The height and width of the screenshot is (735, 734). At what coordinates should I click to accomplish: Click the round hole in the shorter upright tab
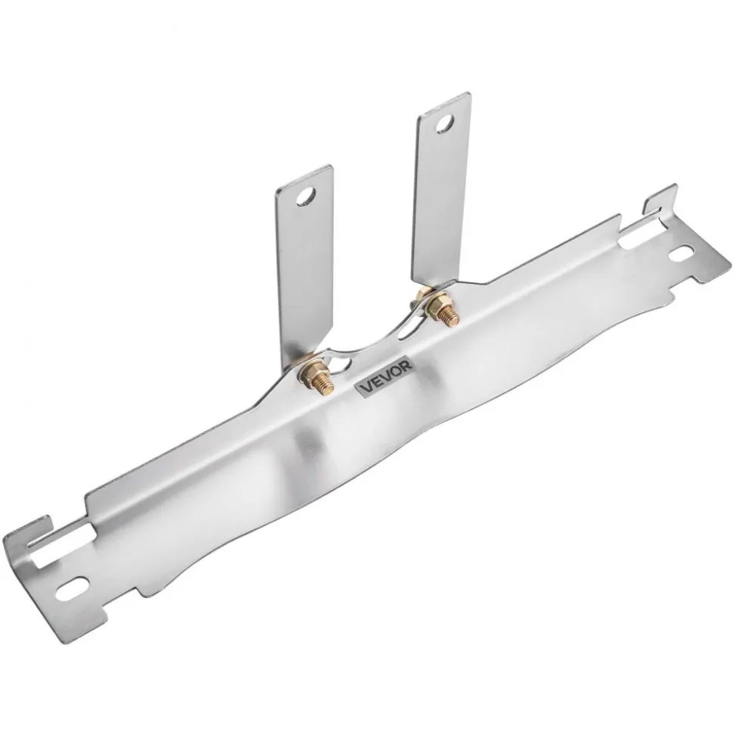[306, 198]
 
